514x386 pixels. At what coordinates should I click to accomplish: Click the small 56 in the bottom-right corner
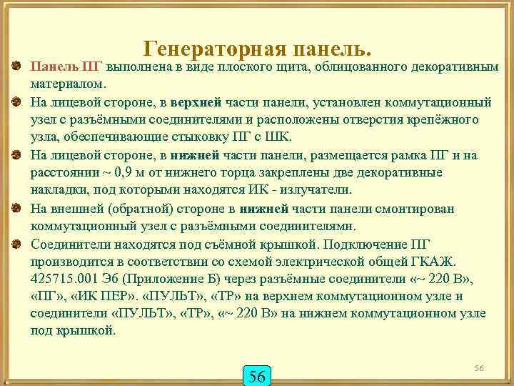tap(479, 367)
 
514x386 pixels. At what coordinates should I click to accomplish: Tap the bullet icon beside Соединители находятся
tap(16, 243)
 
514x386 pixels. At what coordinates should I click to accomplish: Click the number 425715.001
tap(65, 278)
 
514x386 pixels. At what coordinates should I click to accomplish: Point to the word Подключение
tap(385, 243)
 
